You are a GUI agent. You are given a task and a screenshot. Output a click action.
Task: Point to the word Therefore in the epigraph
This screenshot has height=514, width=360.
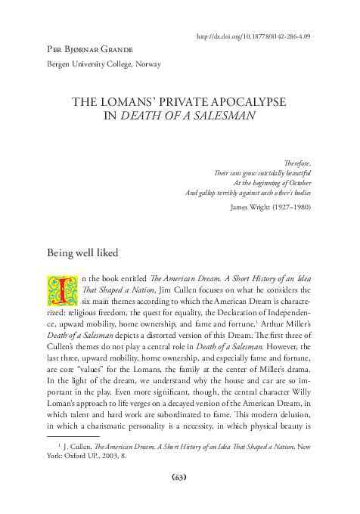[x=296, y=163]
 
